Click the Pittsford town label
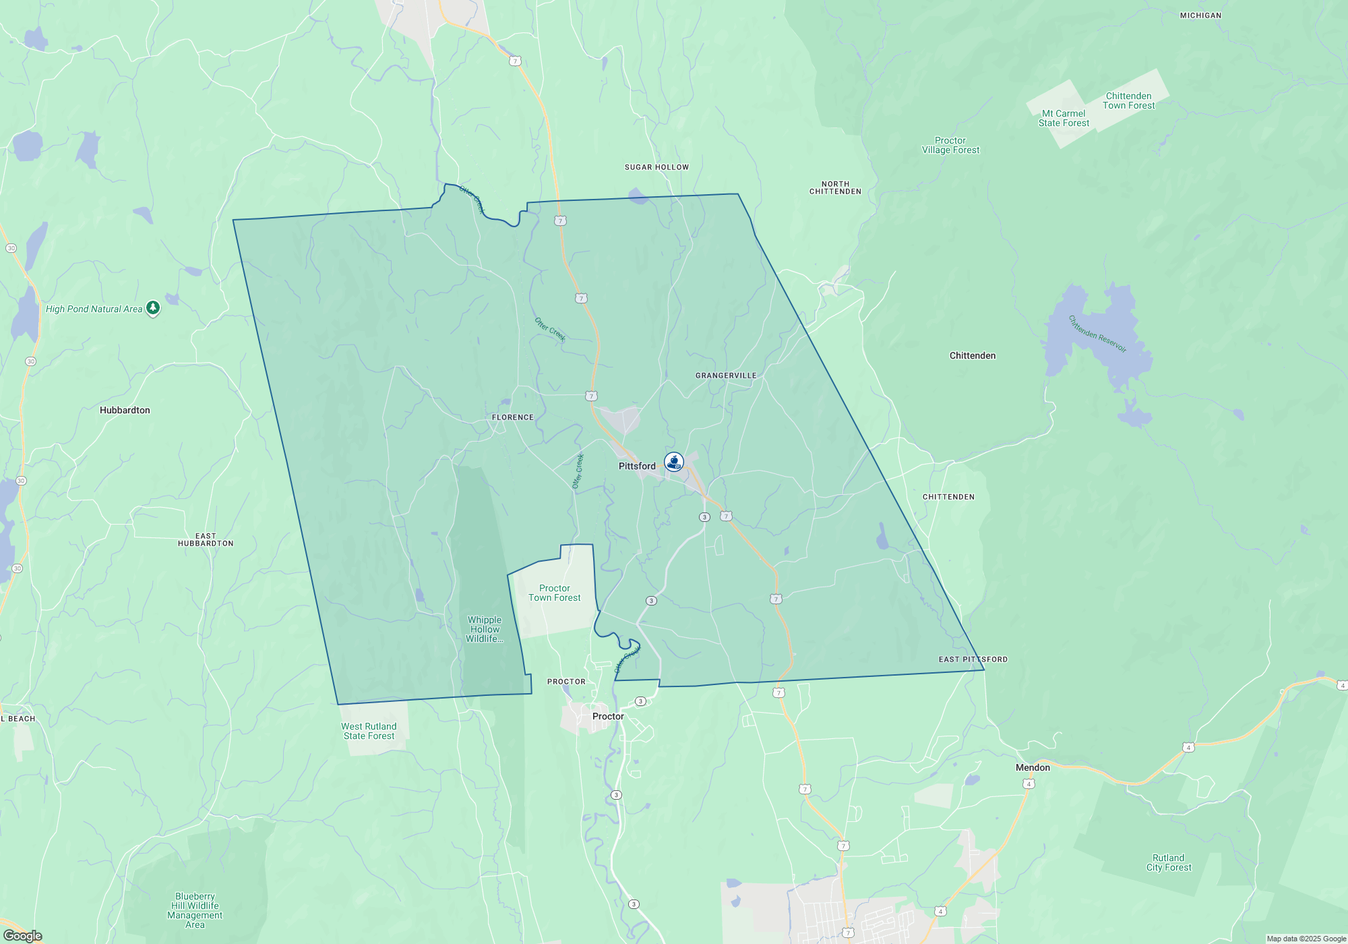click(637, 466)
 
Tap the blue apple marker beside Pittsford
click(674, 462)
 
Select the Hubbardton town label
click(125, 410)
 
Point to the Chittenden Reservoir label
click(1097, 334)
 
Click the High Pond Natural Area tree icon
click(153, 308)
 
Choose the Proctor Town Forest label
click(554, 593)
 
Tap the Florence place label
click(512, 417)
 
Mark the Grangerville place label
click(726, 376)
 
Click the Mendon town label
click(1033, 767)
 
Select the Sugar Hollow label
click(656, 167)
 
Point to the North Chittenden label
click(835, 187)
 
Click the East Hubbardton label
click(206, 539)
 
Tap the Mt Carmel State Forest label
click(1064, 118)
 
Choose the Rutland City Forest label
click(1169, 862)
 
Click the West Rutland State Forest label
click(369, 731)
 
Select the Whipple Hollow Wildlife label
click(485, 629)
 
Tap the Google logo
click(22, 935)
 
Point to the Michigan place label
click(1200, 16)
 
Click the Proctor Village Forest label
click(950, 145)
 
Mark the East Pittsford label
click(973, 659)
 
